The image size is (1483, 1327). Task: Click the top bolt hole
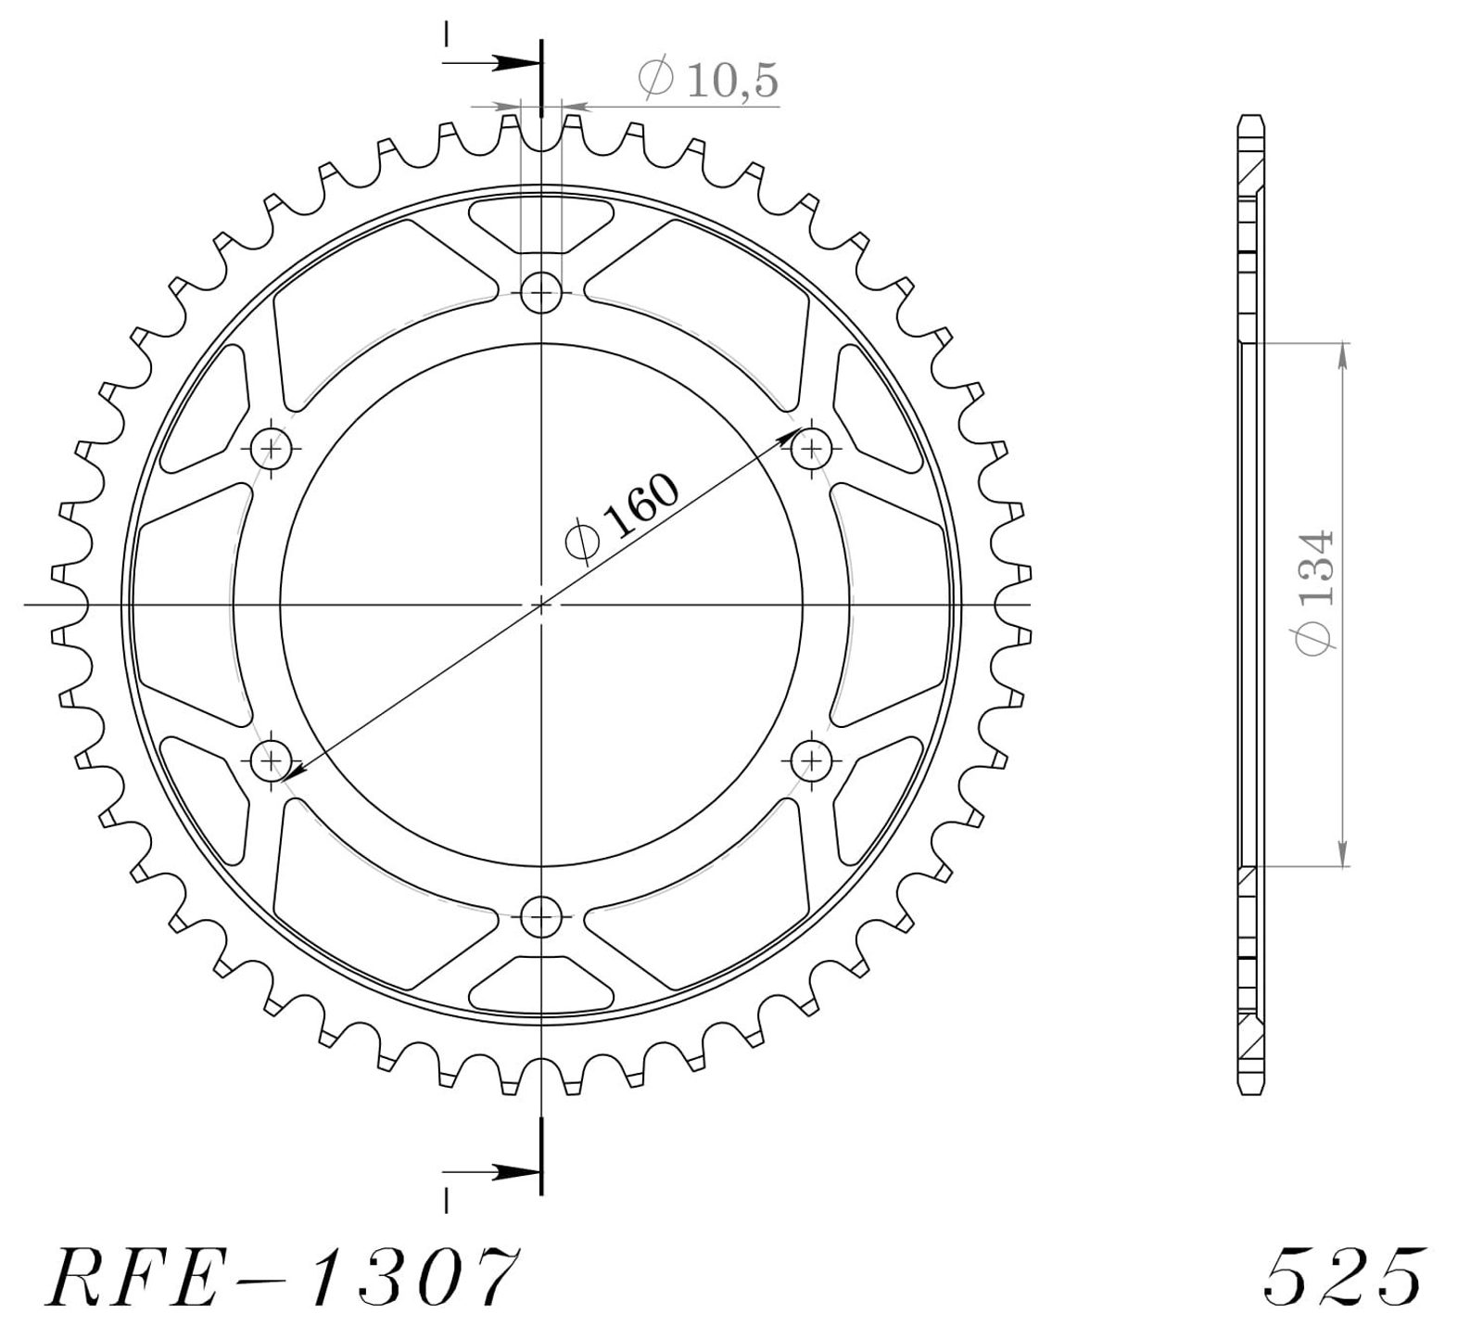click(541, 295)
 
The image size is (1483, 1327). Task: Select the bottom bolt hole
click(541, 917)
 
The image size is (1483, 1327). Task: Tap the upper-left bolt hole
click(272, 450)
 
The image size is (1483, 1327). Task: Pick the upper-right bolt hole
click(812, 450)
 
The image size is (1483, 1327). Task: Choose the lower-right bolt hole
click(812, 762)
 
